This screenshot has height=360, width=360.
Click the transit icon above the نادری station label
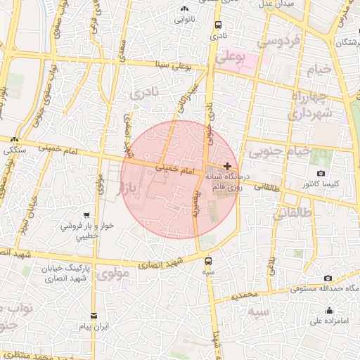(218, 24)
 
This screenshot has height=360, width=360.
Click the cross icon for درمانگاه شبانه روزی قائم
(226, 165)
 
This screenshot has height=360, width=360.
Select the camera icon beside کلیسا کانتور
(321, 173)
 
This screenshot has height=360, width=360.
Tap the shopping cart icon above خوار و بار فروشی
(86, 215)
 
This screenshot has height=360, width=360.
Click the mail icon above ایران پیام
(94, 316)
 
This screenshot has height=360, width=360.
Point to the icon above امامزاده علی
(329, 311)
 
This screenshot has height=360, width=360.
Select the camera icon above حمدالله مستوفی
(328, 278)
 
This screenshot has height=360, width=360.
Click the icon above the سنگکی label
(14, 139)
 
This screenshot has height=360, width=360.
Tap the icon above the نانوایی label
(184, 9)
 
